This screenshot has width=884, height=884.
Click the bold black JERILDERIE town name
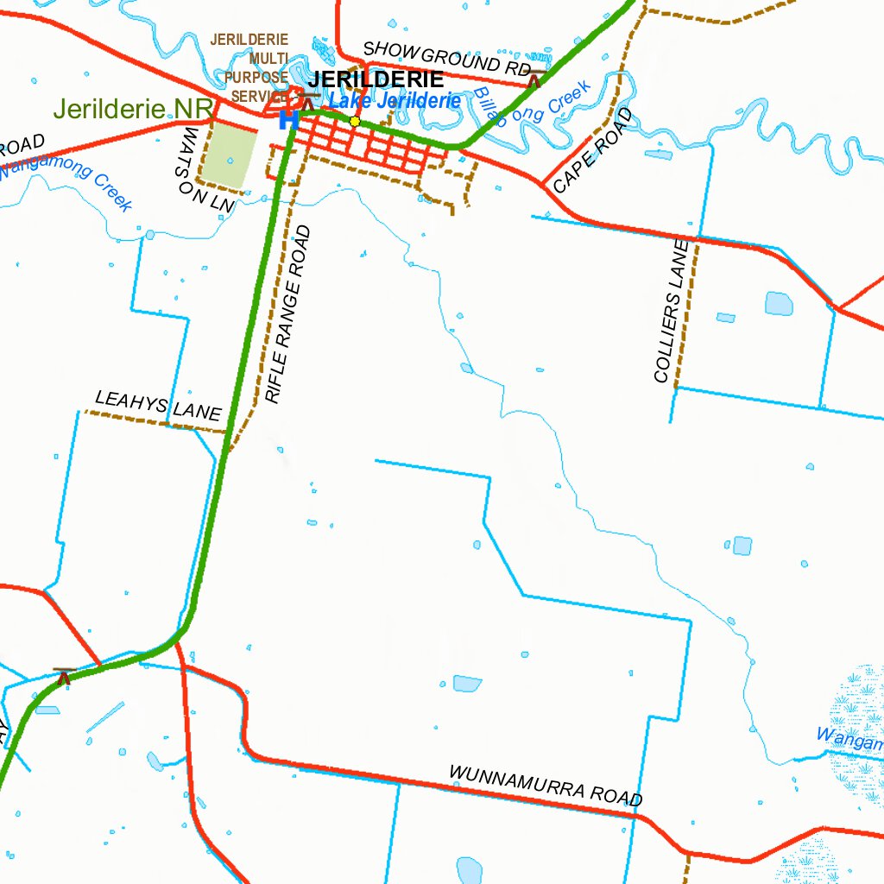(x=376, y=79)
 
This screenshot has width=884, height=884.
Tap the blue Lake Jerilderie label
(x=395, y=101)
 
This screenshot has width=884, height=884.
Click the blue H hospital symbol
(x=288, y=120)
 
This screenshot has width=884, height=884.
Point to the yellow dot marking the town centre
(x=354, y=121)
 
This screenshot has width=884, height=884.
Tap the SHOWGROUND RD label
(x=445, y=58)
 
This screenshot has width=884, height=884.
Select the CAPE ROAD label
(x=593, y=150)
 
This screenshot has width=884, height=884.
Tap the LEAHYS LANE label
(x=158, y=406)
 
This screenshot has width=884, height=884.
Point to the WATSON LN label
(x=205, y=171)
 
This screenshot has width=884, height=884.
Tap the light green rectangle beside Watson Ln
(x=229, y=153)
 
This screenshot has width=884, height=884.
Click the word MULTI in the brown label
(x=268, y=58)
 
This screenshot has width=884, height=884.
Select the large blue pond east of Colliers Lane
(x=778, y=303)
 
